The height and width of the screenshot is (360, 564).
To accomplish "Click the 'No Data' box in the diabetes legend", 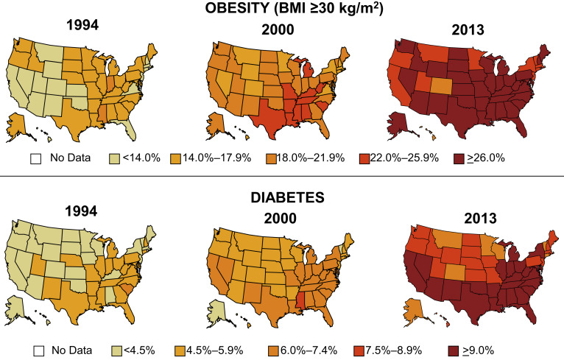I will pyautogui.click(x=34, y=342).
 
